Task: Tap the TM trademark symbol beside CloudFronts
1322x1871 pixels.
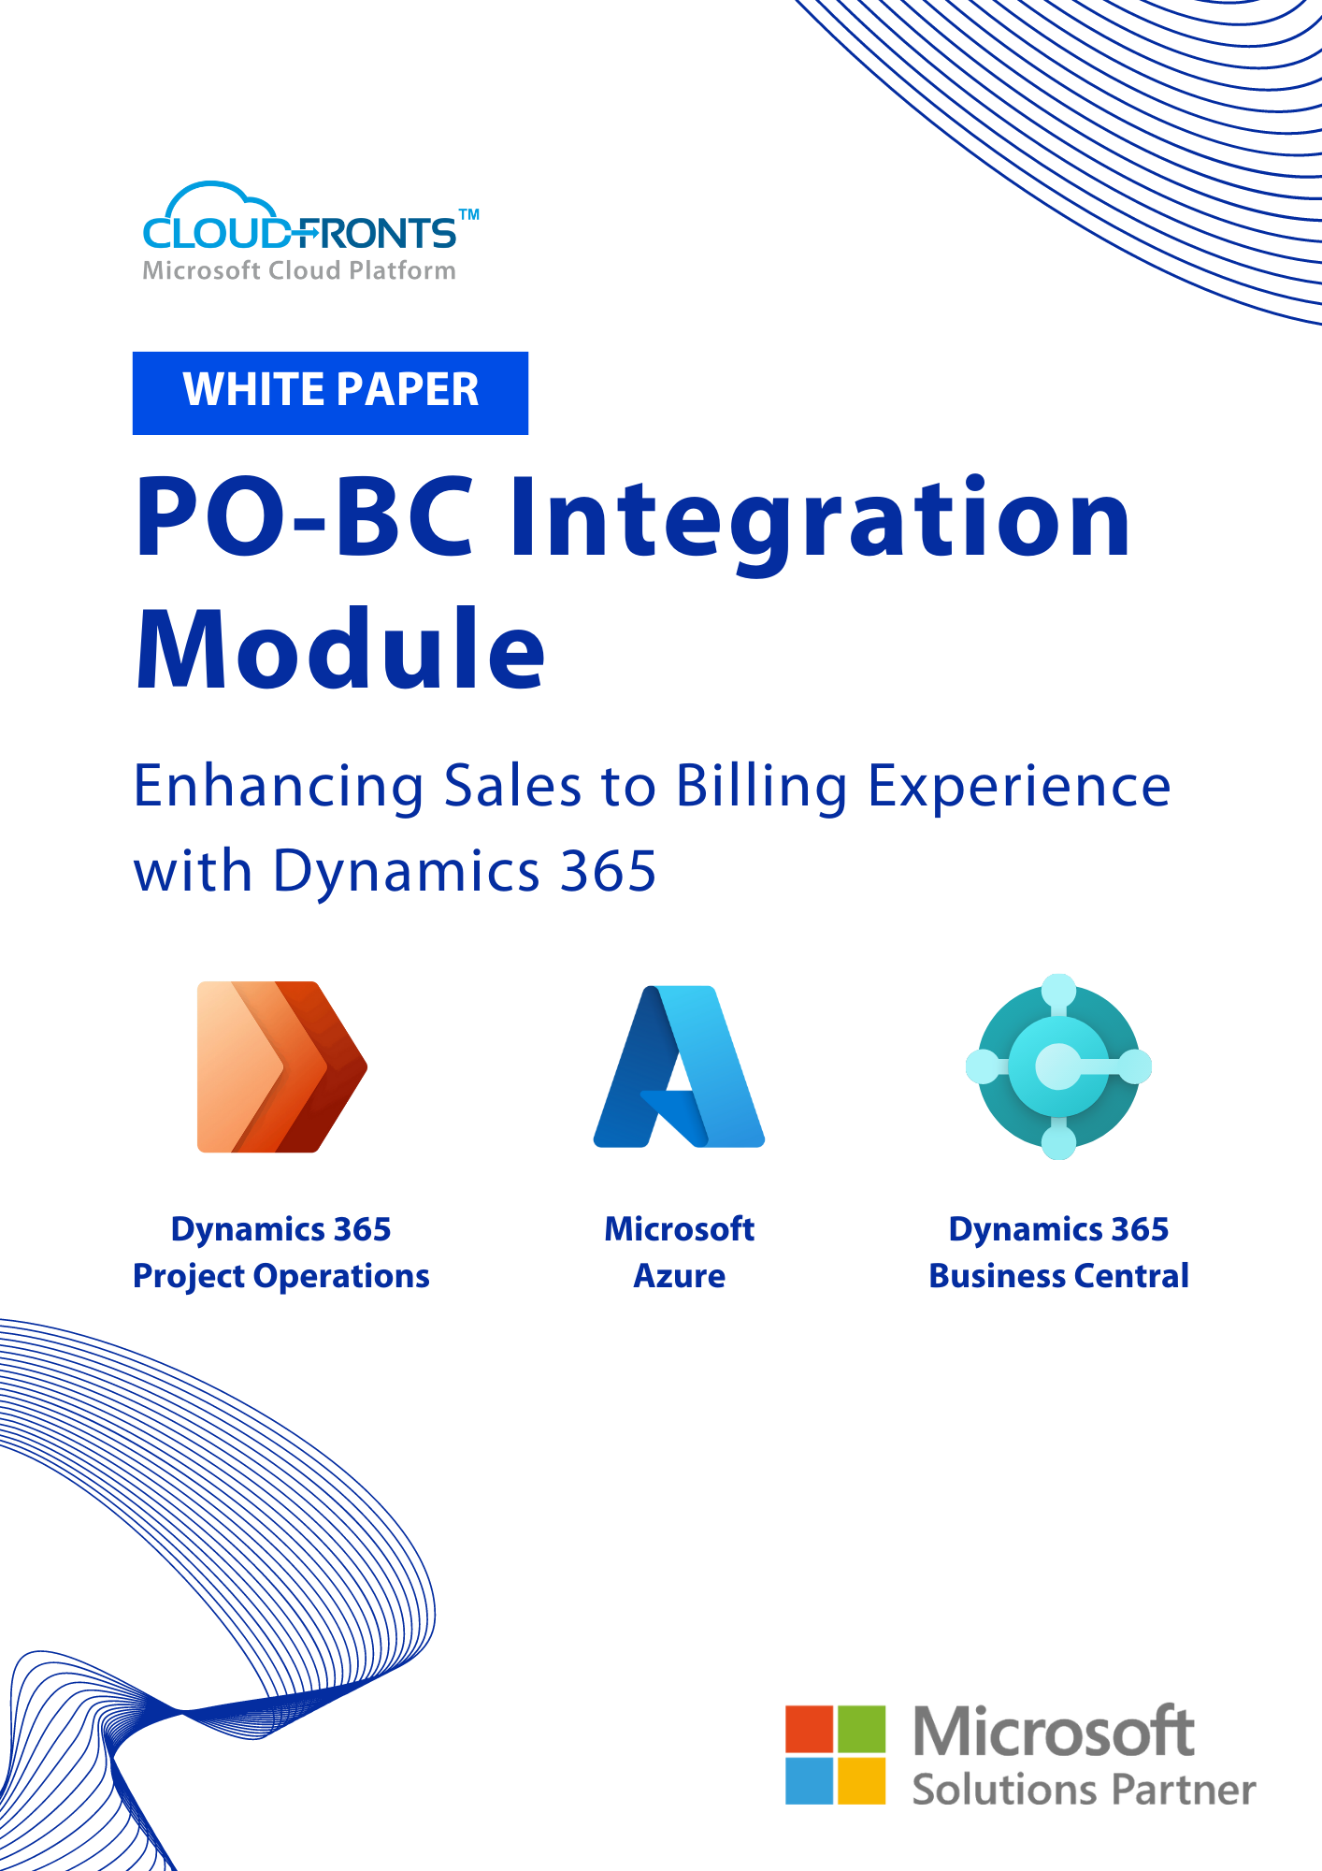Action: [469, 215]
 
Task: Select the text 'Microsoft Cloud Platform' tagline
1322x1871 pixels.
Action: [299, 270]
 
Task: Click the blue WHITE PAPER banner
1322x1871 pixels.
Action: [330, 393]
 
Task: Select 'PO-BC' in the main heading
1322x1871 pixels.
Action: [305, 516]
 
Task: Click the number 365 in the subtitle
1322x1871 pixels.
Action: [608, 871]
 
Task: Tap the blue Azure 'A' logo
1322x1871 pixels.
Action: [680, 1066]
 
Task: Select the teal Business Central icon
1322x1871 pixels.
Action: [1058, 1066]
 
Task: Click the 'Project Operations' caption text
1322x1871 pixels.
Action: [281, 1277]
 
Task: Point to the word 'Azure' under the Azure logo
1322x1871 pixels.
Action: [680, 1276]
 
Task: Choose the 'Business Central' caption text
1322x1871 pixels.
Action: [1058, 1276]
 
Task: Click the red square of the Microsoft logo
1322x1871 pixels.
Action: [810, 1729]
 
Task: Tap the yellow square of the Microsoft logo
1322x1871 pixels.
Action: [861, 1780]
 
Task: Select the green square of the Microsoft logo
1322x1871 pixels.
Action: [861, 1729]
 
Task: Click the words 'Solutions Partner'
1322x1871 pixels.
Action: [1085, 1790]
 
